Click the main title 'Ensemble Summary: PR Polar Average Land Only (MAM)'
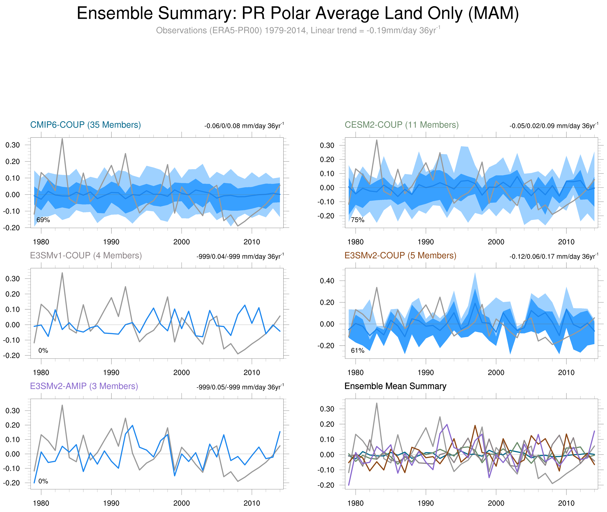click(x=298, y=13)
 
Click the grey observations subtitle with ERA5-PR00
click(x=298, y=30)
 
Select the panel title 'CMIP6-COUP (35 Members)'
click(x=86, y=125)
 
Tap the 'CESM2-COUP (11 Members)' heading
click(x=401, y=125)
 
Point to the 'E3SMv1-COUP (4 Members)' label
click(x=86, y=255)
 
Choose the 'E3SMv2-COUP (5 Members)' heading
click(x=400, y=255)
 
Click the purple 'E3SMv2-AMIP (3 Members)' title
click(x=84, y=386)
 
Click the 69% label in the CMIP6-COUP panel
click(x=43, y=220)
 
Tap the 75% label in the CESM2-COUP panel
click(x=357, y=220)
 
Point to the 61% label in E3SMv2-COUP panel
click(x=357, y=351)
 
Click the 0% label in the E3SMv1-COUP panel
click(x=43, y=351)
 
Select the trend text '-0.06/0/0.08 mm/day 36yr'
click(x=244, y=126)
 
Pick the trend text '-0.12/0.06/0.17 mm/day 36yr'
click(x=553, y=257)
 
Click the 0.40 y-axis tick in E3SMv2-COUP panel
click(x=327, y=281)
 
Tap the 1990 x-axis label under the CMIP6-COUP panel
click(x=111, y=242)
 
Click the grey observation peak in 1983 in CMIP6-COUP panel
click(x=62, y=139)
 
